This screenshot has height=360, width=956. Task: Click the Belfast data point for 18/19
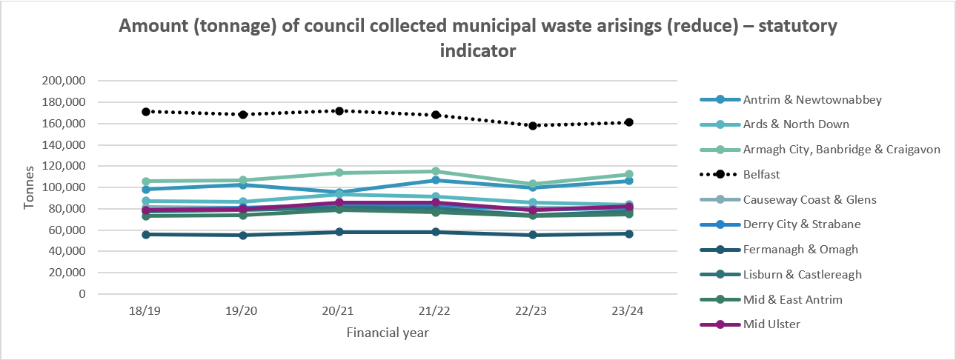pos(146,112)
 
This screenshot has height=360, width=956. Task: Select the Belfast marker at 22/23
pos(532,126)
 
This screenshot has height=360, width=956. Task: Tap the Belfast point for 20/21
pos(339,111)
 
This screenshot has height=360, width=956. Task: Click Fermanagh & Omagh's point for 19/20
pos(242,236)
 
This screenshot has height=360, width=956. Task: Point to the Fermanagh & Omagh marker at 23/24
pos(628,234)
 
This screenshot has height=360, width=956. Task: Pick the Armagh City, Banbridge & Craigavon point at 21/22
pos(436,172)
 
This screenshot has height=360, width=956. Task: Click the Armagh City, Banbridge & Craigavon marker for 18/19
pos(146,181)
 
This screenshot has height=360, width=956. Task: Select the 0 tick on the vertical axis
pos(84,294)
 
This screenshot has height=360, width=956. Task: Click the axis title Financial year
pos(388,333)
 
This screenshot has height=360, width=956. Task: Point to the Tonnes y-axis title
pos(30,187)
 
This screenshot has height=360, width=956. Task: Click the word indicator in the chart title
pos(478,52)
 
